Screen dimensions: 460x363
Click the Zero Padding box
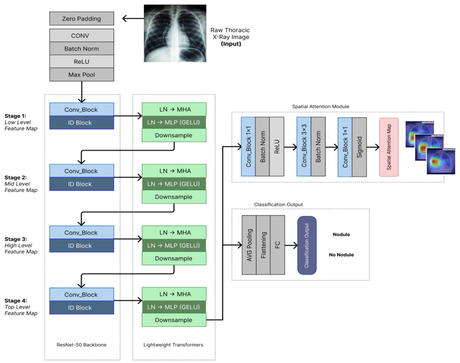pyautogui.click(x=81, y=18)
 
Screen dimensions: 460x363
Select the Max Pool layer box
pyautogui.click(x=81, y=75)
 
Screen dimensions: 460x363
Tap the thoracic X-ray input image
pyautogui.click(x=175, y=33)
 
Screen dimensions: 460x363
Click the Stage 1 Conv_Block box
pyautogui.click(x=81, y=109)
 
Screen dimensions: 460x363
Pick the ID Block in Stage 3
pyautogui.click(x=81, y=245)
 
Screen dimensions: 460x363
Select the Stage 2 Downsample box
pyautogui.click(x=174, y=197)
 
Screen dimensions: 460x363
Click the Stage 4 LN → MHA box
pyautogui.click(x=174, y=294)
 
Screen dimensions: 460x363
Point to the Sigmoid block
pyautogui.click(x=359, y=147)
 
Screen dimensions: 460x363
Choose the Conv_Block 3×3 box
pyautogui.click(x=304, y=146)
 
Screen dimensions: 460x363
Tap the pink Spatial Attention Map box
pyautogui.click(x=389, y=147)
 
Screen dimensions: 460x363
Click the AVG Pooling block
pyautogui.click(x=249, y=245)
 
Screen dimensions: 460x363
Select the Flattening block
pyautogui.click(x=264, y=245)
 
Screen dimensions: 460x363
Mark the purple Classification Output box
pyautogui.click(x=307, y=245)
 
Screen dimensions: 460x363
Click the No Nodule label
pyautogui.click(x=341, y=255)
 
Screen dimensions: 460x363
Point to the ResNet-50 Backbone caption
pyautogui.click(x=81, y=345)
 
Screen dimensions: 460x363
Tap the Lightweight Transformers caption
pyautogui.click(x=173, y=345)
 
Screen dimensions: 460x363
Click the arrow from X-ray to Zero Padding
pyautogui.click(x=133, y=18)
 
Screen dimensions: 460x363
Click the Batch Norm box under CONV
pyautogui.click(x=81, y=49)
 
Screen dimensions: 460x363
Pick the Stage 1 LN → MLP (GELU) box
pyautogui.click(x=174, y=122)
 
